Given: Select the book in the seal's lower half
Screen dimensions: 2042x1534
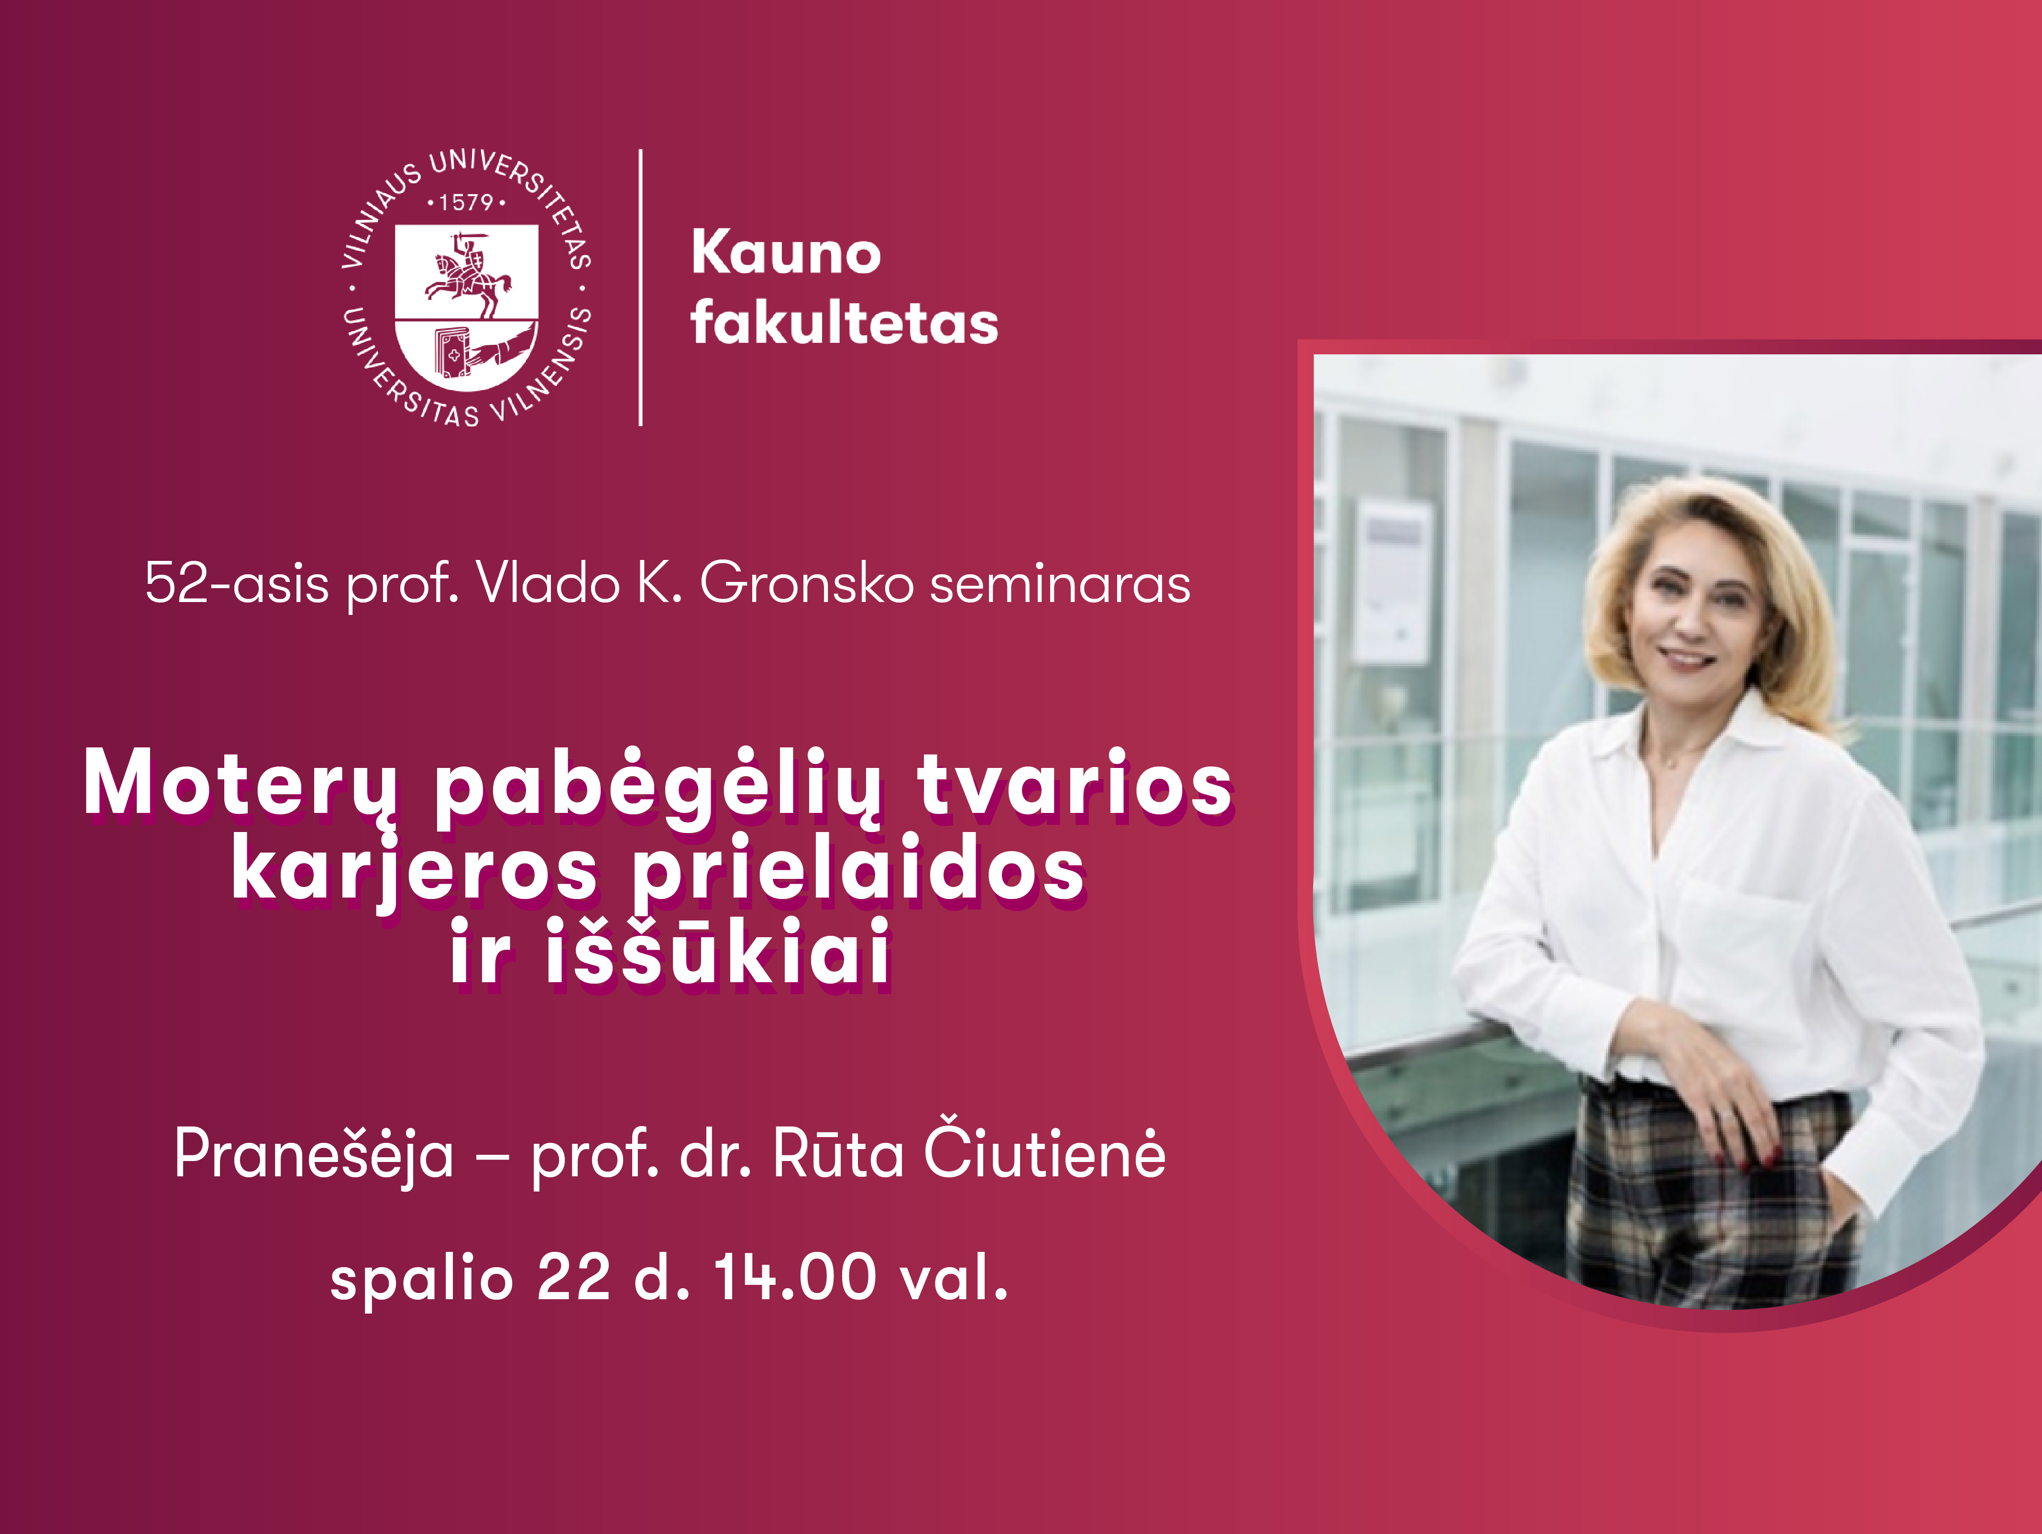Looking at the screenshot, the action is point(452,352).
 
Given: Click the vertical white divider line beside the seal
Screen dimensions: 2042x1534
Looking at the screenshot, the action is point(641,287).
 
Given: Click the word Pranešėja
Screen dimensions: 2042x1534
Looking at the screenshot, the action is point(314,1156).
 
